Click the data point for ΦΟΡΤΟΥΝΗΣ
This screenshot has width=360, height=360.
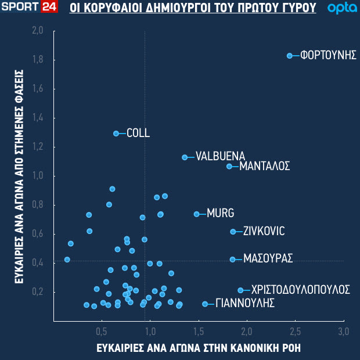(290, 56)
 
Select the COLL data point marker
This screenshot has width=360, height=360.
(116, 134)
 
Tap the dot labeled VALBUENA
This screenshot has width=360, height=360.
(185, 157)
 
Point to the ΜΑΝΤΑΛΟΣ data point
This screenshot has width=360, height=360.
(229, 167)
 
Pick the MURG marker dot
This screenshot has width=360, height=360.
(196, 214)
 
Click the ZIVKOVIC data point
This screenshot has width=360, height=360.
(233, 232)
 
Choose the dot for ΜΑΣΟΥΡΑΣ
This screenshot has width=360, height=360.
(233, 260)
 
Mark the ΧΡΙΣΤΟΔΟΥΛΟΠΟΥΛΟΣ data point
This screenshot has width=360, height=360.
(240, 290)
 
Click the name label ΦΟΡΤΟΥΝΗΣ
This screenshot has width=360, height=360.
(328, 56)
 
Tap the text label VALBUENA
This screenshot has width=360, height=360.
(220, 156)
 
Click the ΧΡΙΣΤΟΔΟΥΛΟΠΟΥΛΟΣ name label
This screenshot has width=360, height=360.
(300, 289)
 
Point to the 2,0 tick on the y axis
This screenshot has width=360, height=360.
(38, 31)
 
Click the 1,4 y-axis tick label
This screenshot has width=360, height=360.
(38, 118)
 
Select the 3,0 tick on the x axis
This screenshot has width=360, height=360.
(343, 332)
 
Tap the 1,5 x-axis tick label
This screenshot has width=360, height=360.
(199, 332)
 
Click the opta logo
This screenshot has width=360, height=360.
(338, 9)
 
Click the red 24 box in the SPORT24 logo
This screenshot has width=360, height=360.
(48, 8)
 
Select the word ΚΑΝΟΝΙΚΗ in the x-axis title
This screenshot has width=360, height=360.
(258, 348)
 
